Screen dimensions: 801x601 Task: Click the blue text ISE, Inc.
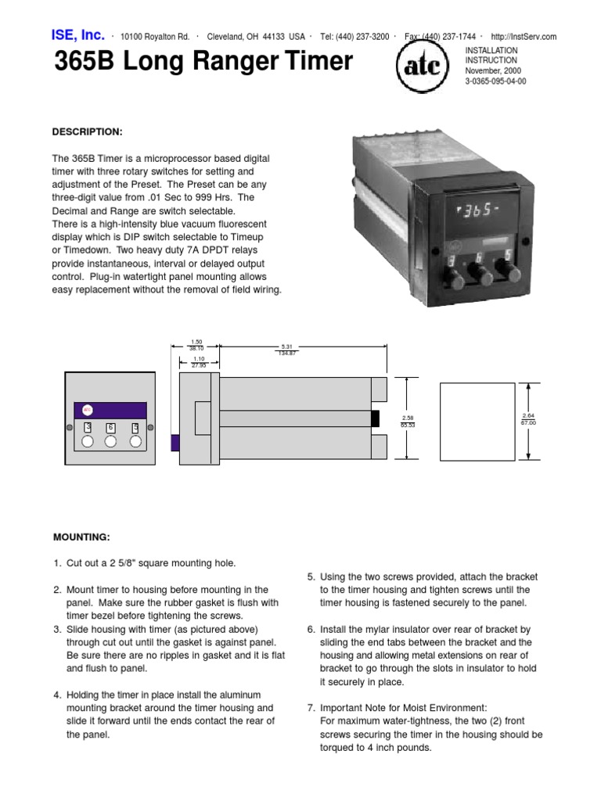pyautogui.click(x=77, y=35)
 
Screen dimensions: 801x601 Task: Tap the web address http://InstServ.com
pyautogui.click(x=524, y=37)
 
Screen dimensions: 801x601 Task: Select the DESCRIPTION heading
pyautogui.click(x=88, y=131)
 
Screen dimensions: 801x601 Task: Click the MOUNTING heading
pyautogui.click(x=81, y=537)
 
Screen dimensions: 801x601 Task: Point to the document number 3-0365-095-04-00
pyautogui.click(x=495, y=81)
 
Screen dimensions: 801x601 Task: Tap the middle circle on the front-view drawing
pyautogui.click(x=111, y=441)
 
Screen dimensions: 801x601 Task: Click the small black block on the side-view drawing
pyautogui.click(x=375, y=418)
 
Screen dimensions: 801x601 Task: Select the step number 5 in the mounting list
pyautogui.click(x=311, y=577)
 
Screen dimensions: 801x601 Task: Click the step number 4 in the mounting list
pyautogui.click(x=57, y=695)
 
